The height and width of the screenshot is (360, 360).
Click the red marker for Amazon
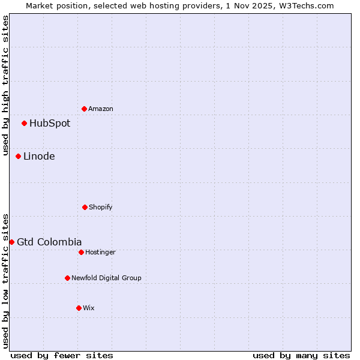84,109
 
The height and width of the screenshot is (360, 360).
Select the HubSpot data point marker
24,124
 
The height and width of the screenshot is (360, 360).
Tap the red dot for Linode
18,157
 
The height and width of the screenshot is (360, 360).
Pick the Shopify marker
85,207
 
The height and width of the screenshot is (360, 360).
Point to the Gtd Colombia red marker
11,242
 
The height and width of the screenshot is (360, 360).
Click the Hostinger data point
81,252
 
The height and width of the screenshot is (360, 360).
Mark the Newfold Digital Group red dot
67,278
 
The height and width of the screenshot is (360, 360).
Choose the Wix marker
79,308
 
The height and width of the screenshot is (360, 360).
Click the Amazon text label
101,109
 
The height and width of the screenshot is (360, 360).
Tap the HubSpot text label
50,124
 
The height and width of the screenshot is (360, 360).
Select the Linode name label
39,157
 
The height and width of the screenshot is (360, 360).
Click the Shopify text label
101,207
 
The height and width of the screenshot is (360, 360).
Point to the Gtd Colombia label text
49,242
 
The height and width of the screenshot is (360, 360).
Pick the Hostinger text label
100,252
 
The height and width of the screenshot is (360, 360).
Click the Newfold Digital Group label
106,278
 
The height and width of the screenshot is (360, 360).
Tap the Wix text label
89,308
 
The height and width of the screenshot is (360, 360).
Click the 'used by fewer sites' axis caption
62,355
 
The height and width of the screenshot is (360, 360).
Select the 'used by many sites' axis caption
301,355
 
